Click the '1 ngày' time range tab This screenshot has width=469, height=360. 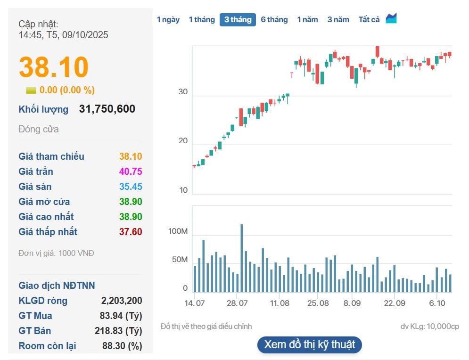tap(168, 19)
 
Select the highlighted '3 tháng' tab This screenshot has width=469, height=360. tap(238, 19)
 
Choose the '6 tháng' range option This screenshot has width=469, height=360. tap(274, 19)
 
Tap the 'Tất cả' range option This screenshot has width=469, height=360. tap(369, 19)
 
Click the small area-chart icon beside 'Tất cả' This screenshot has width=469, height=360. tap(391, 18)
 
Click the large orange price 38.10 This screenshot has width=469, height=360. tap(54, 67)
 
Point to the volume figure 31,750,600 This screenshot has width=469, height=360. tap(107, 109)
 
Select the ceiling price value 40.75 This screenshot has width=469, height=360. tap(131, 172)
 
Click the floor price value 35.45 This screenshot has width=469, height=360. tap(131, 187)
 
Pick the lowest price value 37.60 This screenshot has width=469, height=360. tap(131, 232)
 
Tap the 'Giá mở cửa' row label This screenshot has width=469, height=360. tap(44, 202)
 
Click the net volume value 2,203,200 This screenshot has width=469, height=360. tap(122, 301)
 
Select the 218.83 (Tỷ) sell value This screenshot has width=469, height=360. tap(118, 331)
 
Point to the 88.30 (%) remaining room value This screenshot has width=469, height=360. tap(122, 346)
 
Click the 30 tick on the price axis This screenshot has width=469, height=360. tap(183, 92)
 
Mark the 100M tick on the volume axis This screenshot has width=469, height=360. tap(178, 232)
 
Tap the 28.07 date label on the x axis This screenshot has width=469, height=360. tap(238, 303)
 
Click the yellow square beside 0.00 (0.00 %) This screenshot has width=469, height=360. tap(31, 90)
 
